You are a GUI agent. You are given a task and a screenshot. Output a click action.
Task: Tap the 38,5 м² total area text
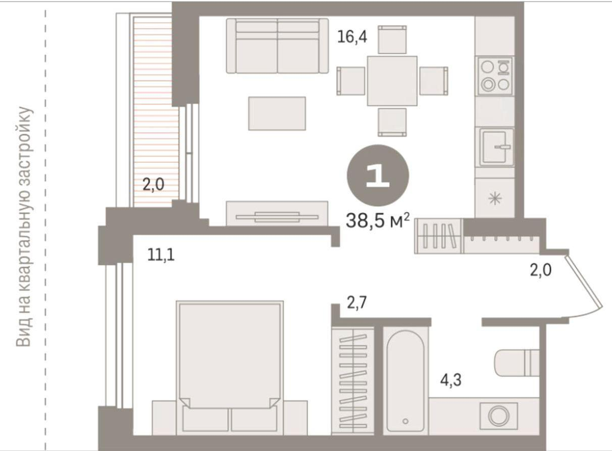[x=378, y=221]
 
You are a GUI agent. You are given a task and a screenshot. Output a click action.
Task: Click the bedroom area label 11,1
[x=161, y=255]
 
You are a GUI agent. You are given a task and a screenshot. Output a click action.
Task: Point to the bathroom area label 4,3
[x=451, y=379]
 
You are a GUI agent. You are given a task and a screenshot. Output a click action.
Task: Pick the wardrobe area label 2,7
[x=357, y=302]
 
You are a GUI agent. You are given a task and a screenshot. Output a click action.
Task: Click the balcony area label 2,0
[x=153, y=184]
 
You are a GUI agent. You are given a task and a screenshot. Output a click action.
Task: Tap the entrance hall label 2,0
[x=541, y=270]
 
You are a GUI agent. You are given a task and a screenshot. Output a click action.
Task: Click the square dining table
[x=392, y=81]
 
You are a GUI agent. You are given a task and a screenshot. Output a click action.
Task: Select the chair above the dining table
[x=392, y=40]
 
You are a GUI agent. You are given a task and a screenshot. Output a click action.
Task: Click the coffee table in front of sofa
[x=277, y=113]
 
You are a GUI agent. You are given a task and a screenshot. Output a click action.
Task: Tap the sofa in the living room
[x=277, y=46]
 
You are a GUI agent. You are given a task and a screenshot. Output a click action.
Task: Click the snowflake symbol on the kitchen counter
[x=495, y=199]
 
